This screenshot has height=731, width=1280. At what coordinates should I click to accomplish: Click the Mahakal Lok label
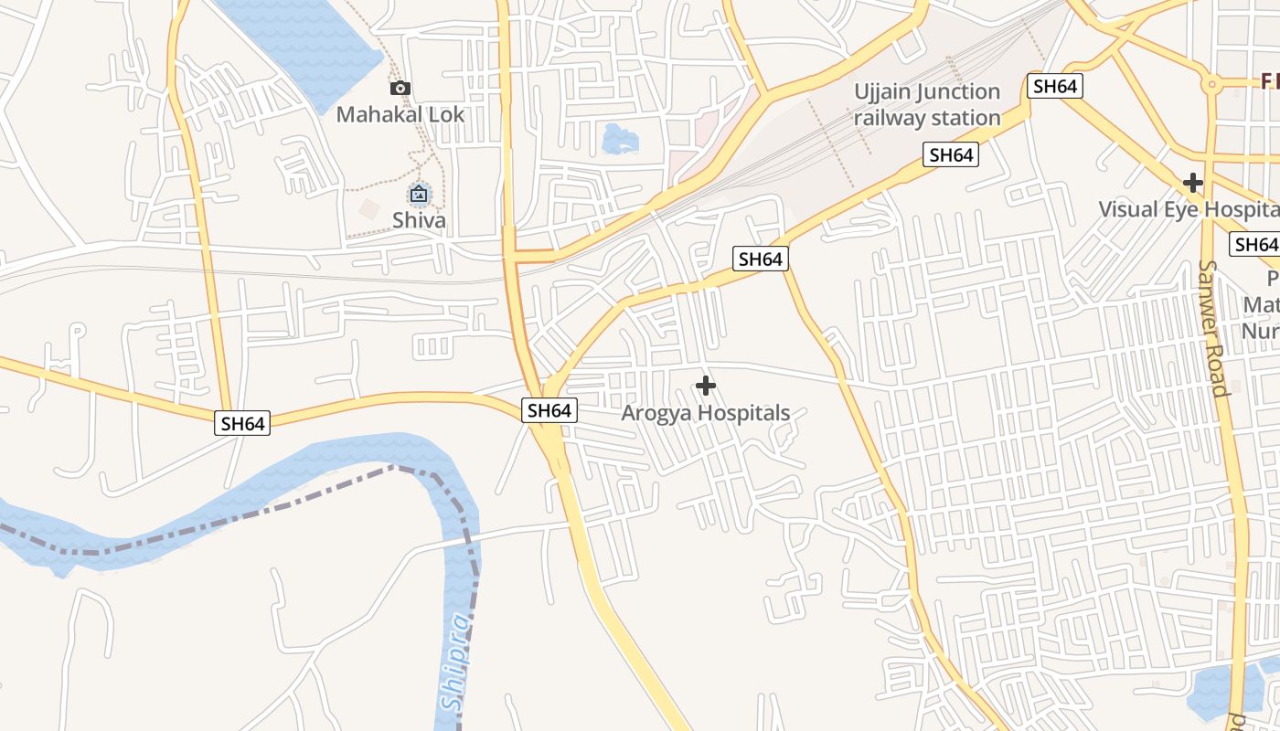400,115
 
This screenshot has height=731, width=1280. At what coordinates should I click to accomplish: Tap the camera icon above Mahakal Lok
400,89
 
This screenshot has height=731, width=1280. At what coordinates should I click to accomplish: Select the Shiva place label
419,220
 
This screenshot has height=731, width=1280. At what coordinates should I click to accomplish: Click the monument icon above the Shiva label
419,194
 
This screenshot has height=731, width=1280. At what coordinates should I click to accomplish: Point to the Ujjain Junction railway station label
927,104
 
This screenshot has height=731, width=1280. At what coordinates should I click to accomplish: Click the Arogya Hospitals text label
706,413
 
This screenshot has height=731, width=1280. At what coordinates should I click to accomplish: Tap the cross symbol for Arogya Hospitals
706,386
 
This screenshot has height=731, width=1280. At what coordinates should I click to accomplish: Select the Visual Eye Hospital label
1188,208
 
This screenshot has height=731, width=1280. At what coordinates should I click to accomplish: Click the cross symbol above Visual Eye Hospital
1193,183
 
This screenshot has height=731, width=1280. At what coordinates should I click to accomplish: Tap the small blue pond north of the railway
620,140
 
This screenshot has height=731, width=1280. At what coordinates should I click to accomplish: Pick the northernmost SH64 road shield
1055,87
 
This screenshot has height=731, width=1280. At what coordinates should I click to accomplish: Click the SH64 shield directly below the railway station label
951,155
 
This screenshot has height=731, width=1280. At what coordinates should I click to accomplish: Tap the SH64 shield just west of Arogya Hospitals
549,411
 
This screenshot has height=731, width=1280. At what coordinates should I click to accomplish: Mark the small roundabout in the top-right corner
1212,84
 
